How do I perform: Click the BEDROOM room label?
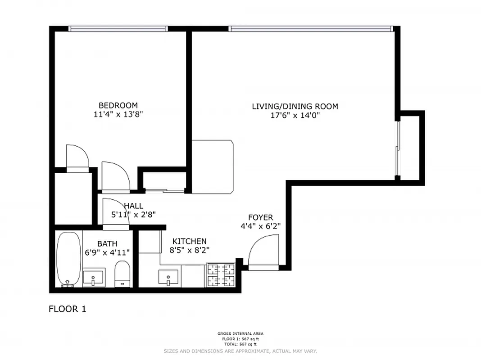click(x=118, y=106)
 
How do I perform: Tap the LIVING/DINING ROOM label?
click(x=295, y=107)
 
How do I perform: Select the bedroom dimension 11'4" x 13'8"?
click(x=118, y=114)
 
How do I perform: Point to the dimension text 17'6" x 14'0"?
click(x=295, y=115)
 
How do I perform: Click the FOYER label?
click(x=263, y=217)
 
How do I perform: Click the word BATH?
click(x=107, y=244)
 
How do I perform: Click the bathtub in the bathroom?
click(x=68, y=259)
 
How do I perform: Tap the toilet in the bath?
click(x=122, y=274)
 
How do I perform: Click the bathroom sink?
click(x=94, y=276)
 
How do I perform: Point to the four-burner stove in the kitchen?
click(x=221, y=275)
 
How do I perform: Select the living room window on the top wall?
click(x=311, y=29)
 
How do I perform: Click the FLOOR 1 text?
click(x=67, y=309)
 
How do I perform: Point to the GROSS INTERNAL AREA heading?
click(x=240, y=333)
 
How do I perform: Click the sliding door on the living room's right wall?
click(x=397, y=148)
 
